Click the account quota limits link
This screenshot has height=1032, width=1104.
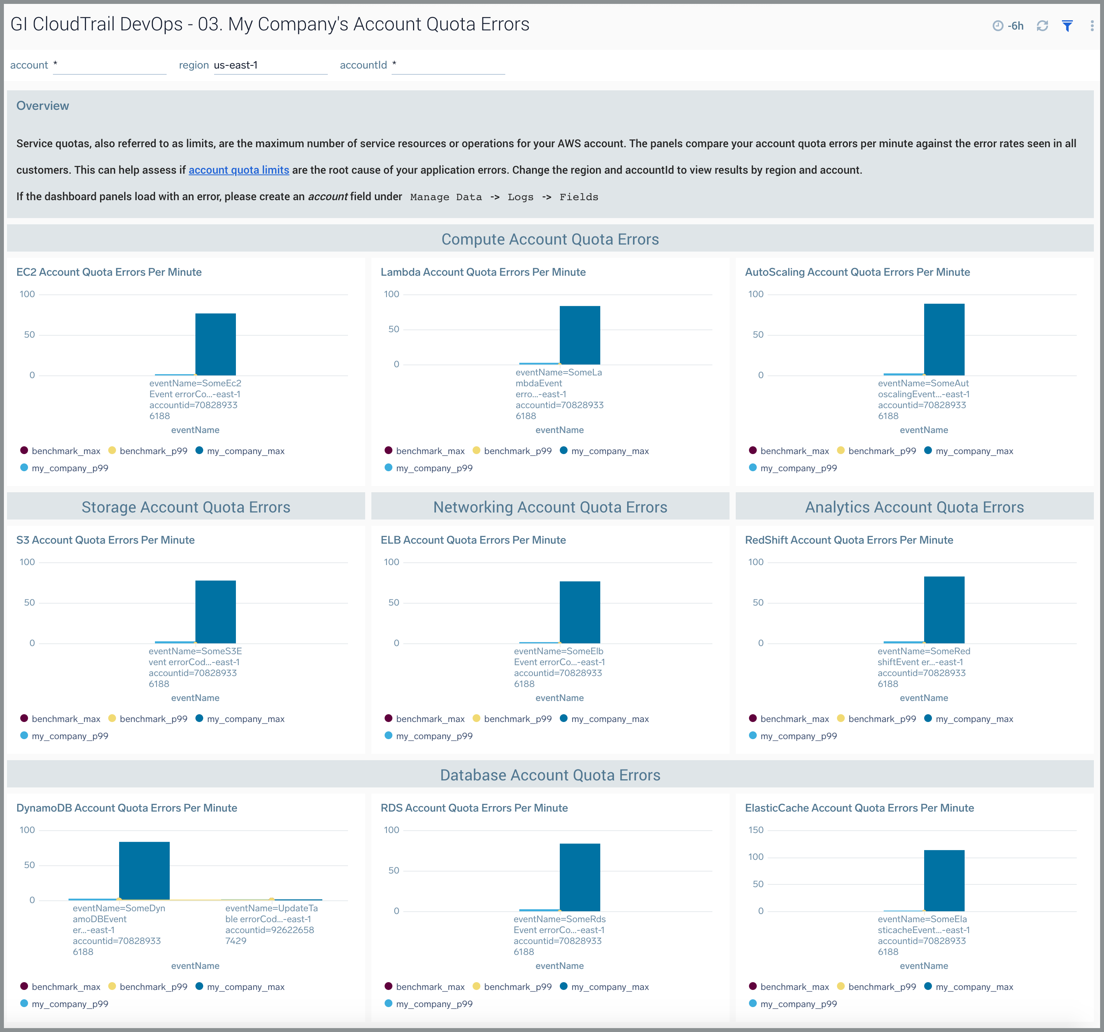239,170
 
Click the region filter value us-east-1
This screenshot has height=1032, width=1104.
236,65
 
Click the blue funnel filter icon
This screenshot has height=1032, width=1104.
1067,26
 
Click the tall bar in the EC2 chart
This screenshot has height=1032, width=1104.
216,344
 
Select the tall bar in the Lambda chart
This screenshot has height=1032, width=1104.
580,335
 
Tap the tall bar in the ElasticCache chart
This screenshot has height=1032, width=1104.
944,881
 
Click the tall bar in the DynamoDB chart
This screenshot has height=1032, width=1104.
144,870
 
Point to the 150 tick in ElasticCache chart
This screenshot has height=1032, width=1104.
756,830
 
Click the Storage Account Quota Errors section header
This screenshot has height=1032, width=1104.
186,507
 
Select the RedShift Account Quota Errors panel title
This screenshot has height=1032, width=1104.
849,540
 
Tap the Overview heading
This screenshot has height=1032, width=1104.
43,106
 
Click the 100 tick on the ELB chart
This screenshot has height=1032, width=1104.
392,562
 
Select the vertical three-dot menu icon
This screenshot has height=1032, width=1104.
1092,26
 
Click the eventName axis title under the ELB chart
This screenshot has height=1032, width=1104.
559,697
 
